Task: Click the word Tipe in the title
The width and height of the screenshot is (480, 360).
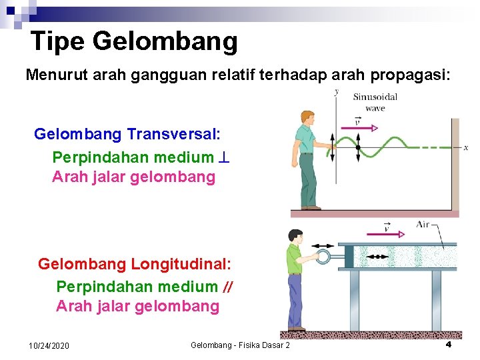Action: coord(57,41)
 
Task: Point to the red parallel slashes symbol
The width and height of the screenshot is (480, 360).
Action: coord(227,287)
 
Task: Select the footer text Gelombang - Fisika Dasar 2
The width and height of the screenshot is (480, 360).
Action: coord(240,345)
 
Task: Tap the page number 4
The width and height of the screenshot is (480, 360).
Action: coord(448,344)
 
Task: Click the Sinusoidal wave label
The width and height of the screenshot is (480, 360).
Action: coord(375,102)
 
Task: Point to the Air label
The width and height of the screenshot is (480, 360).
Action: coord(423,225)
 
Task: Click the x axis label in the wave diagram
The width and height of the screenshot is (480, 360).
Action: coord(465,147)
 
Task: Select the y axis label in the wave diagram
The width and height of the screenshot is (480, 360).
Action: coord(336,92)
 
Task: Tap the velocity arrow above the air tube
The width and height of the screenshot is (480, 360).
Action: coord(385,233)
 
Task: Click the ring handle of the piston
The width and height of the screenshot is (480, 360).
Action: coord(325,256)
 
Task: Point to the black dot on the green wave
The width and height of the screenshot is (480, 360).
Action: coord(358,147)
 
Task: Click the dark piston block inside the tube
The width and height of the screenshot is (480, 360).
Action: coord(348,256)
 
